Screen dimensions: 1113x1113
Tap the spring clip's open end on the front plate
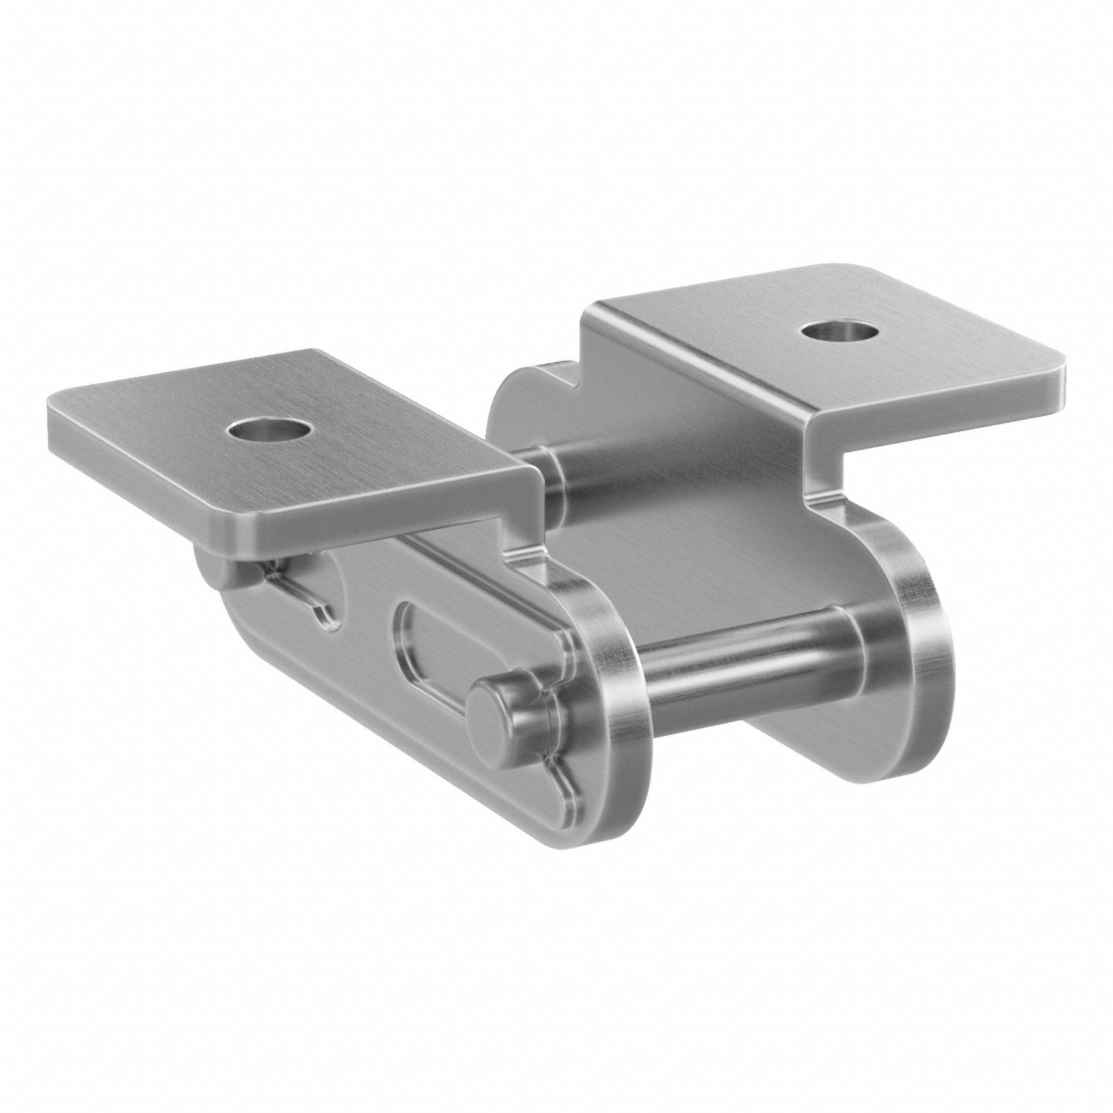click(323, 610)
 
